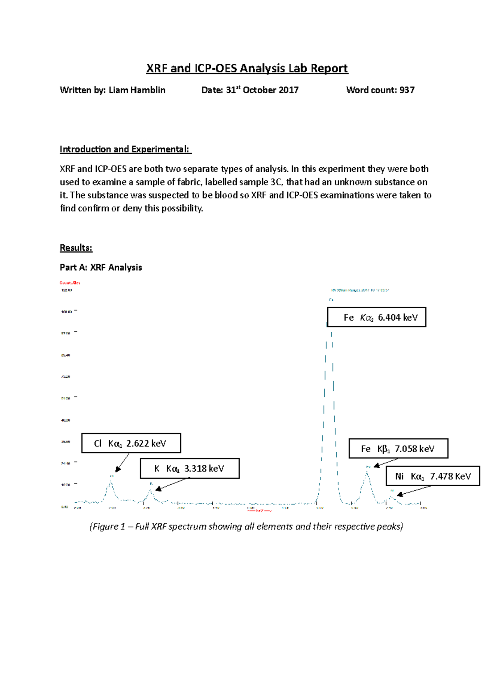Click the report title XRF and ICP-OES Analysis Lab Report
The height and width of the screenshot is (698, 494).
click(x=247, y=68)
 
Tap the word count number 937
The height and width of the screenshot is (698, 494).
click(x=407, y=90)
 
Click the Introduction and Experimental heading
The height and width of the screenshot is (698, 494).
click(x=125, y=149)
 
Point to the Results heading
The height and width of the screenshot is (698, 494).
click(x=76, y=248)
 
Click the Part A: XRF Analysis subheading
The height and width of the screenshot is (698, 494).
click(x=101, y=268)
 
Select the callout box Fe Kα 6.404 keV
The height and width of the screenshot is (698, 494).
click(x=377, y=317)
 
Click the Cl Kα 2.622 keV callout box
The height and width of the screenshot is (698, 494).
click(x=131, y=443)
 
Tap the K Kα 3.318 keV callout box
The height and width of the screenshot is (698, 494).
click(x=190, y=469)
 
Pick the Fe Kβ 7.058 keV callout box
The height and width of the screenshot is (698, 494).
click(x=398, y=448)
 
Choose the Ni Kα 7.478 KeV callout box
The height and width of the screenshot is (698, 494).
click(x=433, y=476)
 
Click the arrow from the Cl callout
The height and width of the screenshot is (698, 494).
click(x=123, y=462)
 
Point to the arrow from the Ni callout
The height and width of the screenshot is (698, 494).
click(x=414, y=490)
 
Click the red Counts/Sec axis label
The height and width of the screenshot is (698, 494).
click(x=70, y=283)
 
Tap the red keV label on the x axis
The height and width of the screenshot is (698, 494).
click(x=259, y=511)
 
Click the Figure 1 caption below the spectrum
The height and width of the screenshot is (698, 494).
click(x=246, y=527)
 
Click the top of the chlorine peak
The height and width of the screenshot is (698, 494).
click(x=111, y=482)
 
